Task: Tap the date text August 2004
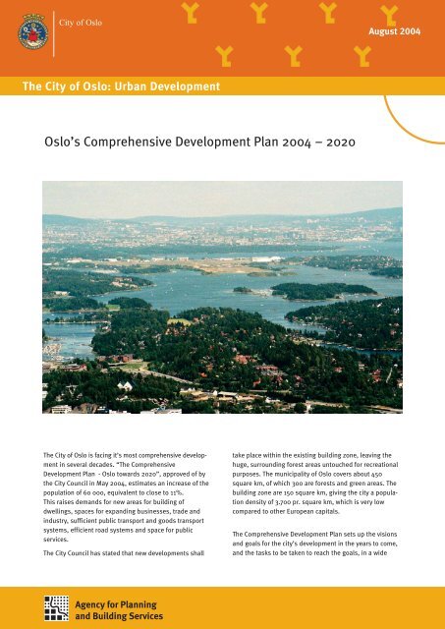394,32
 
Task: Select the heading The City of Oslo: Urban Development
121,88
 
